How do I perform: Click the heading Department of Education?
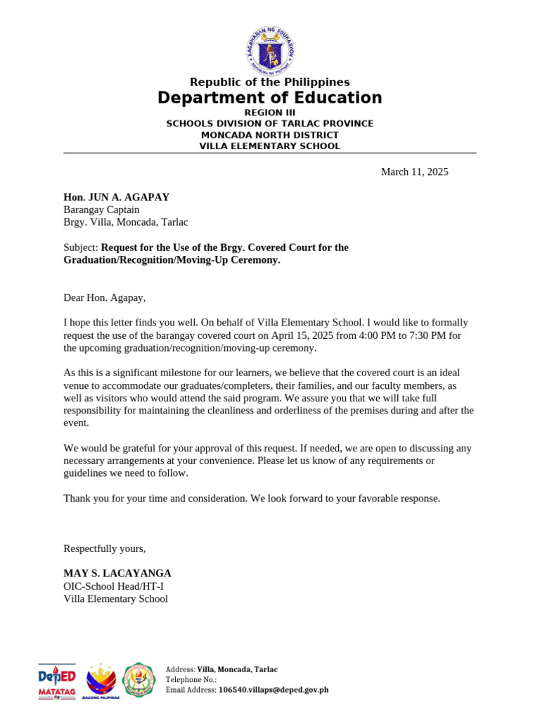(x=270, y=98)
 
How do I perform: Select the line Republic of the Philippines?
(x=270, y=82)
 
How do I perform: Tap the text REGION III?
(x=270, y=112)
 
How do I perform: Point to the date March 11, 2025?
(x=414, y=172)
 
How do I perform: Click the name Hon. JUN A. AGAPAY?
(x=116, y=198)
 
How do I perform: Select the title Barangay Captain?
(x=101, y=210)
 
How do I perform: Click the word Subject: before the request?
(x=81, y=247)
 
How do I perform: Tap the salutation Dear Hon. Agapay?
(x=104, y=297)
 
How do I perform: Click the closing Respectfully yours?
(x=104, y=548)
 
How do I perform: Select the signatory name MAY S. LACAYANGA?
(x=117, y=573)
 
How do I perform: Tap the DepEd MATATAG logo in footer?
(x=56, y=681)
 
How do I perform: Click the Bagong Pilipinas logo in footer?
(x=101, y=681)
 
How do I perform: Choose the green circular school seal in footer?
(x=139, y=680)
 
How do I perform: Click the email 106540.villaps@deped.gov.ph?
(x=273, y=690)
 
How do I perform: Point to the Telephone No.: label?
(x=191, y=680)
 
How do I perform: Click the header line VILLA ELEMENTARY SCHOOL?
(x=270, y=146)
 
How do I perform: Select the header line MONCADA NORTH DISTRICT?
(x=270, y=135)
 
